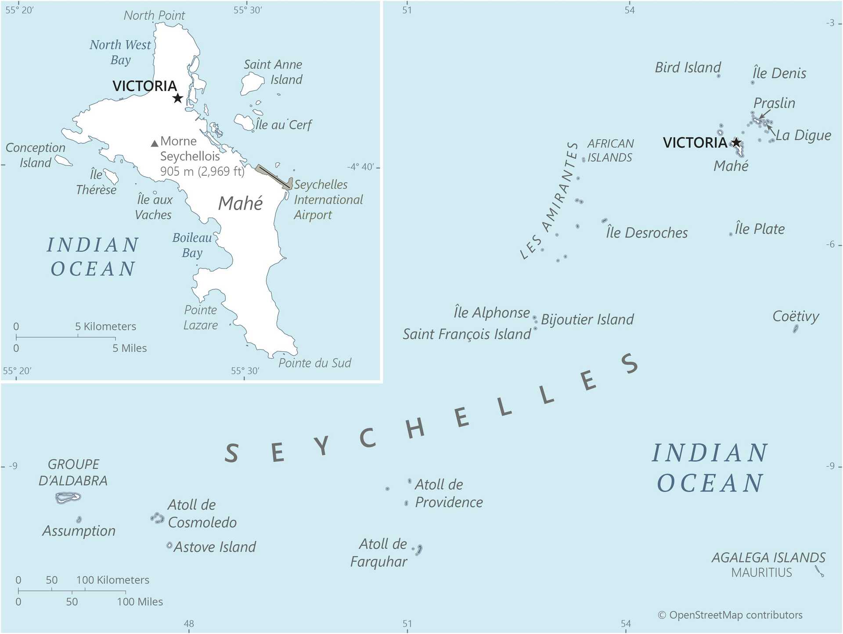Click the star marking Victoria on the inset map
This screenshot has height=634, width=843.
(x=177, y=98)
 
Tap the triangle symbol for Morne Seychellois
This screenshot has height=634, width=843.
(x=154, y=143)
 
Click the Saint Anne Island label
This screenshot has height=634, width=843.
(x=273, y=72)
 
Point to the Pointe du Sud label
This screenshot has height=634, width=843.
(x=315, y=363)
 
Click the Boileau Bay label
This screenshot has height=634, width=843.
(x=192, y=245)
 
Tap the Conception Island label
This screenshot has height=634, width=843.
(x=35, y=155)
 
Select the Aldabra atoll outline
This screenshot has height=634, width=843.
(x=68, y=497)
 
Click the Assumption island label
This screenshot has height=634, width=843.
(x=79, y=531)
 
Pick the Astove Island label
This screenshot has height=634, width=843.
(x=215, y=547)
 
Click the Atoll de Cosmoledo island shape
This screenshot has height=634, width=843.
(x=157, y=518)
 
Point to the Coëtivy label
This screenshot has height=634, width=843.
(x=796, y=316)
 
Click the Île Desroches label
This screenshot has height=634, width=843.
(x=647, y=232)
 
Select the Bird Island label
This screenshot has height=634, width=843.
(x=688, y=67)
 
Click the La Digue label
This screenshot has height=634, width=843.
(x=803, y=135)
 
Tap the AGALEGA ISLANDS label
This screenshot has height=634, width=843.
(x=768, y=558)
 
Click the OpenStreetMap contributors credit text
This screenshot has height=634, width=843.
(x=730, y=615)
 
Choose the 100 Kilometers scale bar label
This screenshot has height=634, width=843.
(x=113, y=580)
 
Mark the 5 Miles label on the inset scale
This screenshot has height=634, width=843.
(x=130, y=348)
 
